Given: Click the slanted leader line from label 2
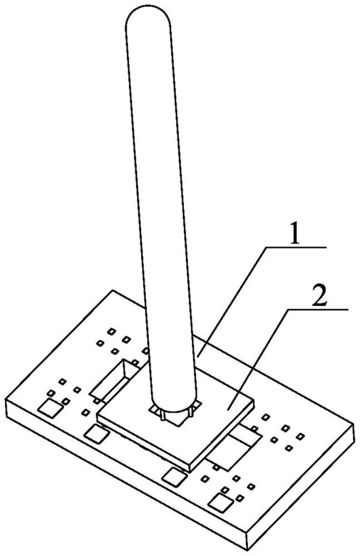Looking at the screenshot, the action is pyautogui.click(x=259, y=359).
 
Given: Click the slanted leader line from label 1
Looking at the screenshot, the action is pyautogui.click(x=231, y=302).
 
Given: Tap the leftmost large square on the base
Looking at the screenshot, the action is pyautogui.click(x=50, y=408).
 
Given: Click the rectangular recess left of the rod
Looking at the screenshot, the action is pyautogui.click(x=115, y=379).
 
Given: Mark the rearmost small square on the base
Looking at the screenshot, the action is pyautogui.click(x=112, y=331).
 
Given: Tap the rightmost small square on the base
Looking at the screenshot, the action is pyautogui.click(x=301, y=436).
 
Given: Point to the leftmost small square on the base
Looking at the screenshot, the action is pyautogui.click(x=51, y=393).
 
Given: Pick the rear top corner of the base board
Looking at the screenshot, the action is pyautogui.click(x=113, y=290).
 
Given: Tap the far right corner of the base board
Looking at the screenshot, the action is pyautogui.click(x=354, y=424).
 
